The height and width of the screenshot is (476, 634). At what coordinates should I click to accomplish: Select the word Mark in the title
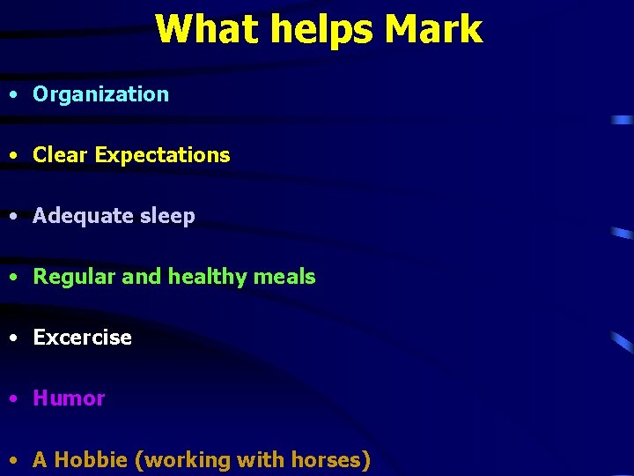pyautogui.click(x=433, y=28)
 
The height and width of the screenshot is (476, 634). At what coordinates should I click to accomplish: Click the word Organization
pyautogui.click(x=100, y=95)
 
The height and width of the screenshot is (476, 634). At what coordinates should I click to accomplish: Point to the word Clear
pyautogui.click(x=60, y=155)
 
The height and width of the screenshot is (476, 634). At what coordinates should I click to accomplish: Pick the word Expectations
pyautogui.click(x=162, y=156)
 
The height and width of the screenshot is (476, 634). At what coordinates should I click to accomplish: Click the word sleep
pyautogui.click(x=166, y=217)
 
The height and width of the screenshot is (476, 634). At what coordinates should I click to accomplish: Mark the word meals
pyautogui.click(x=284, y=277)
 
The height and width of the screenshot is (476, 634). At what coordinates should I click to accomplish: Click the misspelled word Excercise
pyautogui.click(x=82, y=338)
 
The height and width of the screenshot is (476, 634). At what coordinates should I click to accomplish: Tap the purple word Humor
pyautogui.click(x=69, y=398)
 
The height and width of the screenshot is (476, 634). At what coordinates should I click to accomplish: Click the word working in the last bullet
pyautogui.click(x=184, y=460)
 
